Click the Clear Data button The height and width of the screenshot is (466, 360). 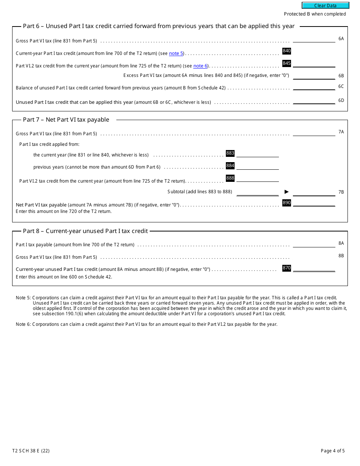tap(325, 6)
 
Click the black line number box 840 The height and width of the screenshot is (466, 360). tap(286, 51)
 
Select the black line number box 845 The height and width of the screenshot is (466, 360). tap(286, 63)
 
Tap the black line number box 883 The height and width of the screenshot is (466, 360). tap(230, 153)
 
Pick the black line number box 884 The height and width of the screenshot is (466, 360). tap(230, 166)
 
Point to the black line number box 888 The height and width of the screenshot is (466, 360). tap(230, 178)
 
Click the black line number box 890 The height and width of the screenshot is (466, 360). tap(286, 203)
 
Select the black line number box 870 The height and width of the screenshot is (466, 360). tap(286, 268)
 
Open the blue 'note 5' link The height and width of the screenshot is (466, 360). tap(176, 53)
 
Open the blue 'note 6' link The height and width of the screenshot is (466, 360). tap(200, 66)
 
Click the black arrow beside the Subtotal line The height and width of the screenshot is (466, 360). tap(286, 192)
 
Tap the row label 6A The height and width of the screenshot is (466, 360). tap(341, 39)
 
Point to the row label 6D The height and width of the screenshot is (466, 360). tap(341, 100)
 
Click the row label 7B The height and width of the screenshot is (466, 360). tap(341, 192)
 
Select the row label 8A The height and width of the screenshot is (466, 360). tap(341, 243)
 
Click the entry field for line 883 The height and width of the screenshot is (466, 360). tap(257, 153)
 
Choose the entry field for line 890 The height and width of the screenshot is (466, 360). tap(314, 203)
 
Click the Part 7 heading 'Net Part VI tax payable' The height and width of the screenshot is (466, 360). tap(66, 120)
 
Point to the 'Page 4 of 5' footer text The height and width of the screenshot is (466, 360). tap(333, 451)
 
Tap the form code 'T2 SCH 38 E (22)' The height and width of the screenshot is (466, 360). tap(31, 451)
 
